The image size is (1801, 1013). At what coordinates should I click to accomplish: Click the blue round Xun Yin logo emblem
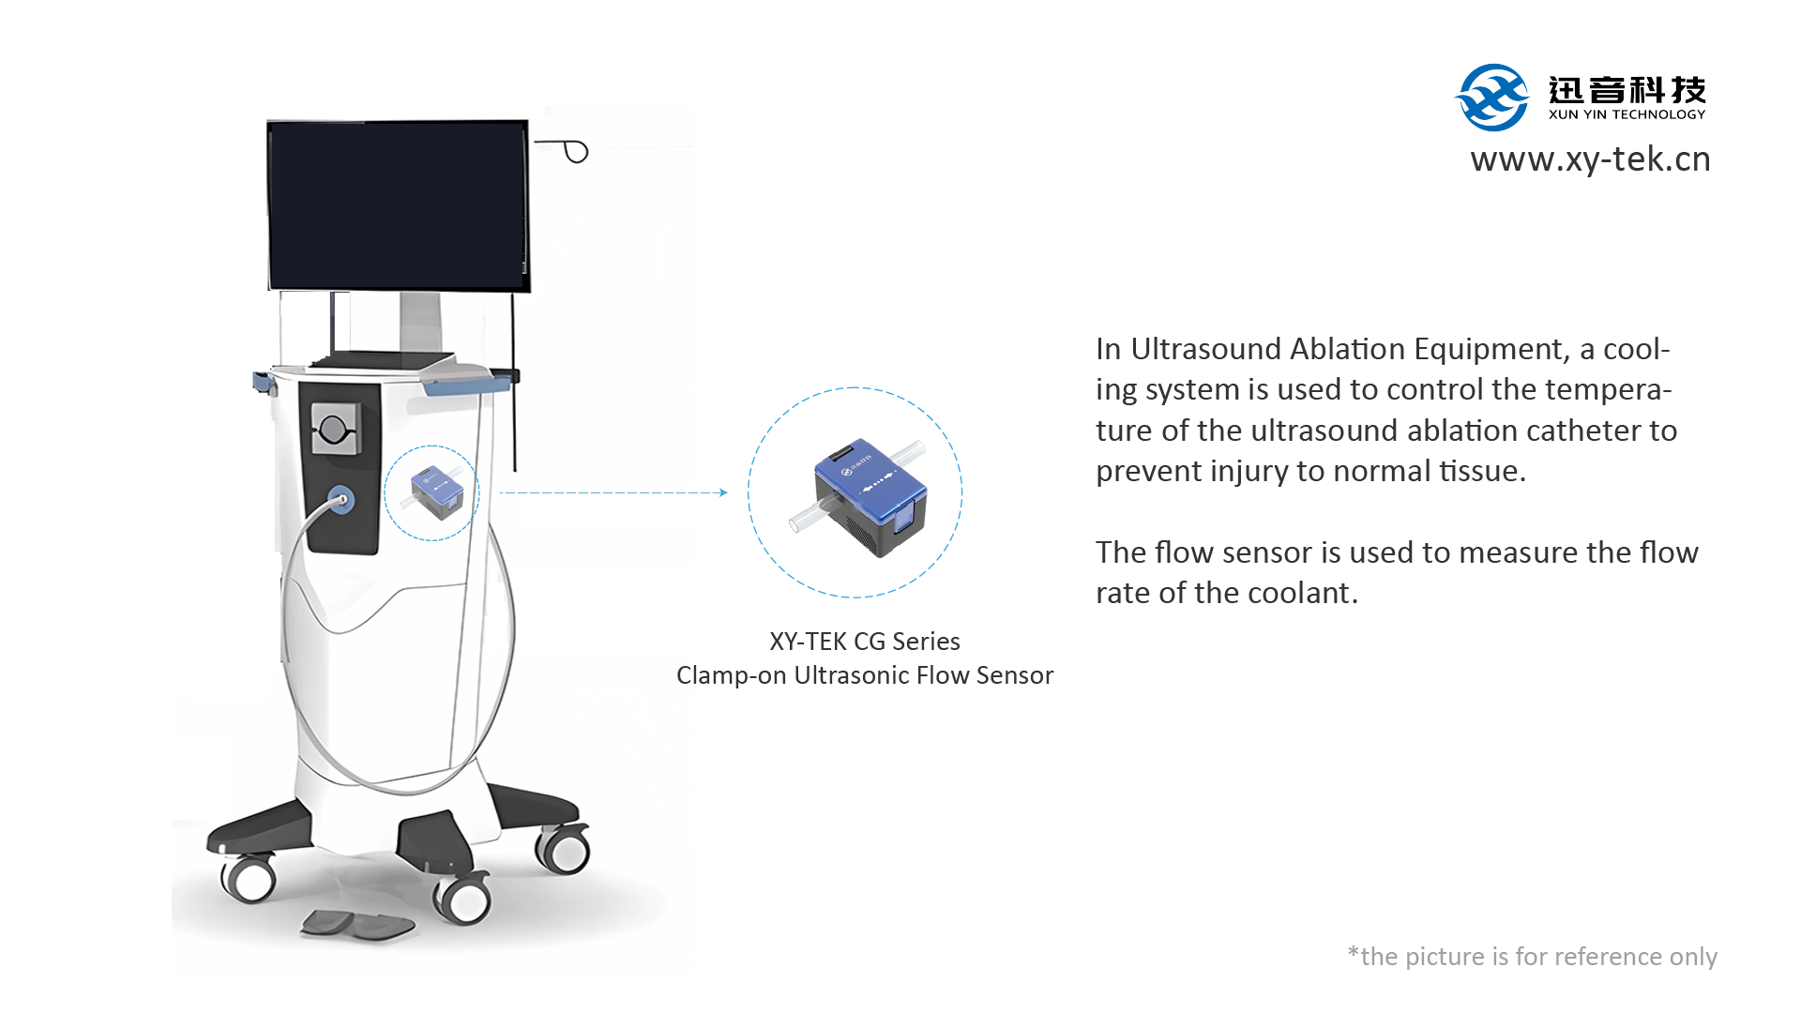point(1491,98)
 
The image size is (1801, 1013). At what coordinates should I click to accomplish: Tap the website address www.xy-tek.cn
point(1591,159)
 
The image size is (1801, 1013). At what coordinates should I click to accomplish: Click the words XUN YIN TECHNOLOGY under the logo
point(1627,114)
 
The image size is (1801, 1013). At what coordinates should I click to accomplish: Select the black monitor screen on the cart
point(399,205)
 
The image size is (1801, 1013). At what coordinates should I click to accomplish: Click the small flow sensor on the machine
point(437,492)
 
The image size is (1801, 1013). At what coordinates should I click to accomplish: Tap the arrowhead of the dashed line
point(723,492)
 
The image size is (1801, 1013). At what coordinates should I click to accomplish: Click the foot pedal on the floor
point(357,925)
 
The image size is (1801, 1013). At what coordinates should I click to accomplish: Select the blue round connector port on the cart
point(341,499)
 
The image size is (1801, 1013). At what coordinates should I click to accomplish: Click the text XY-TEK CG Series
point(865,642)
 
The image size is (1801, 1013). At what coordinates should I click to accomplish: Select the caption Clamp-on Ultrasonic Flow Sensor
point(865,675)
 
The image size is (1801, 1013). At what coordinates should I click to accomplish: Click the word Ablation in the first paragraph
point(1348,349)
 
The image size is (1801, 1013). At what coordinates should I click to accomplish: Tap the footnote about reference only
point(1533,957)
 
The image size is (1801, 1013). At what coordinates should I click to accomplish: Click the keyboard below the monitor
point(380,360)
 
